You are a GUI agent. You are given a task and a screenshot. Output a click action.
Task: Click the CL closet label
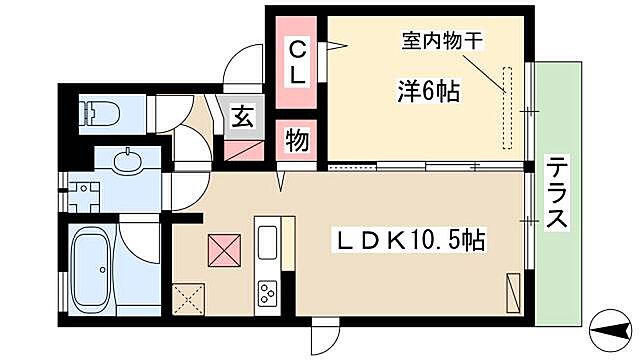pos(299,60)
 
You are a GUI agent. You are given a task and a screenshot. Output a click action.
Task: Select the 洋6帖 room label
pos(426,92)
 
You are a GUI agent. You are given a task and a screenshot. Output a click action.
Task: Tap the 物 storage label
pos(297,139)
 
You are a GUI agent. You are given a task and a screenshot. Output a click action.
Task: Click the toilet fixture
pos(100,113)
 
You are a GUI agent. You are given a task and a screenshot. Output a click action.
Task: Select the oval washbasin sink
pos(127,160)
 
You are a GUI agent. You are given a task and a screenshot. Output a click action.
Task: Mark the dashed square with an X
pos(188,296)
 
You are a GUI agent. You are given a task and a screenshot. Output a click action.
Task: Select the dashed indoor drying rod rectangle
pos(506,94)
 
